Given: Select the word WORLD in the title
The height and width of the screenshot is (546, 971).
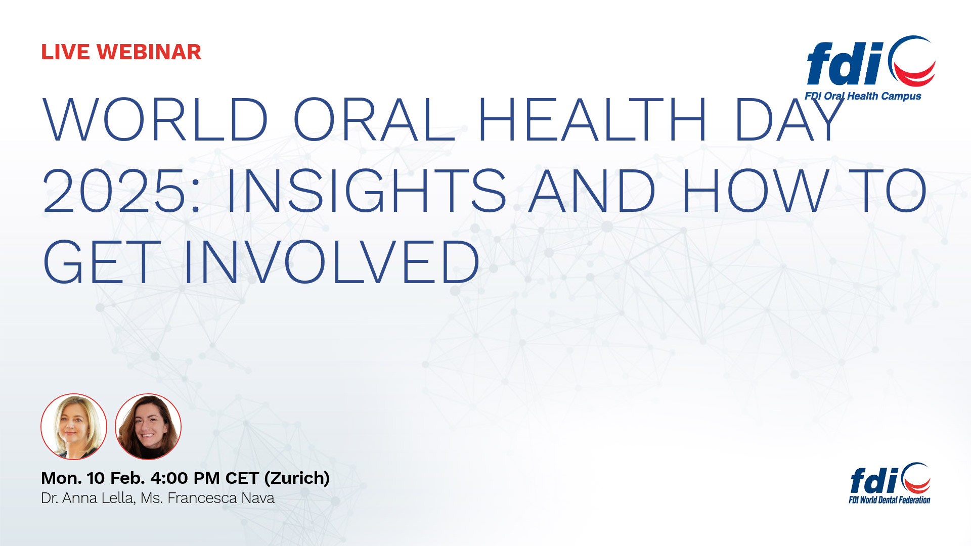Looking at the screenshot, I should (x=155, y=120).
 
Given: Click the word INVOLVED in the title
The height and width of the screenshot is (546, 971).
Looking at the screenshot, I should (x=331, y=262).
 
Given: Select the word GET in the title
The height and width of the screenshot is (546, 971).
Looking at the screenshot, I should (x=102, y=262).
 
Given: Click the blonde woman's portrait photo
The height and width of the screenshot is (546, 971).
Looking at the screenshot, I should (x=74, y=427).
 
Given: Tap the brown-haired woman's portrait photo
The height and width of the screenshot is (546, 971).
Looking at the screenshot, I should (x=148, y=427).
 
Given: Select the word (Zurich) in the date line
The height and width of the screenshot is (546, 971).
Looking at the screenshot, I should (x=297, y=478).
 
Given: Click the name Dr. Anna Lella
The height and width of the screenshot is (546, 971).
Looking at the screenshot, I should (x=87, y=498).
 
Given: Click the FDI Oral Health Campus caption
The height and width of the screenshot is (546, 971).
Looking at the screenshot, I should (x=863, y=96).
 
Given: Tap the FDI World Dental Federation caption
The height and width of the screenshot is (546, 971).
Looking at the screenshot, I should (x=889, y=500).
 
